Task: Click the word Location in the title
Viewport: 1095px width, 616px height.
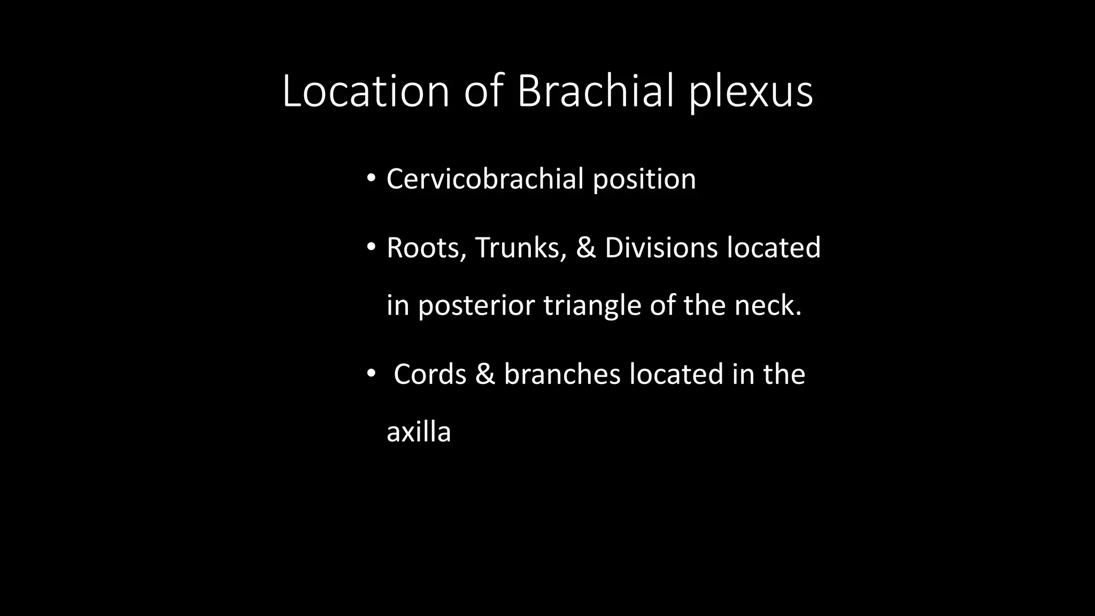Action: pos(366,91)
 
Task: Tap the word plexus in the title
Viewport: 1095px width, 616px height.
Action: pos(750,92)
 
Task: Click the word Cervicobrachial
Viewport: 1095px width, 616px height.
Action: pos(484,179)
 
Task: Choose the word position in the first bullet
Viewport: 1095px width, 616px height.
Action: pos(644,180)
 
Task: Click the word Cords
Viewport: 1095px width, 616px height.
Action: pos(430,374)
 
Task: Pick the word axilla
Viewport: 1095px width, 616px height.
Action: pos(419,432)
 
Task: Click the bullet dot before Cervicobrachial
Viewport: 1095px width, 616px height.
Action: pos(371,179)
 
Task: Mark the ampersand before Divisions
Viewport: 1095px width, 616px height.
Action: pos(586,248)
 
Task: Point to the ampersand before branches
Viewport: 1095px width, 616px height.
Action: pos(485,374)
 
